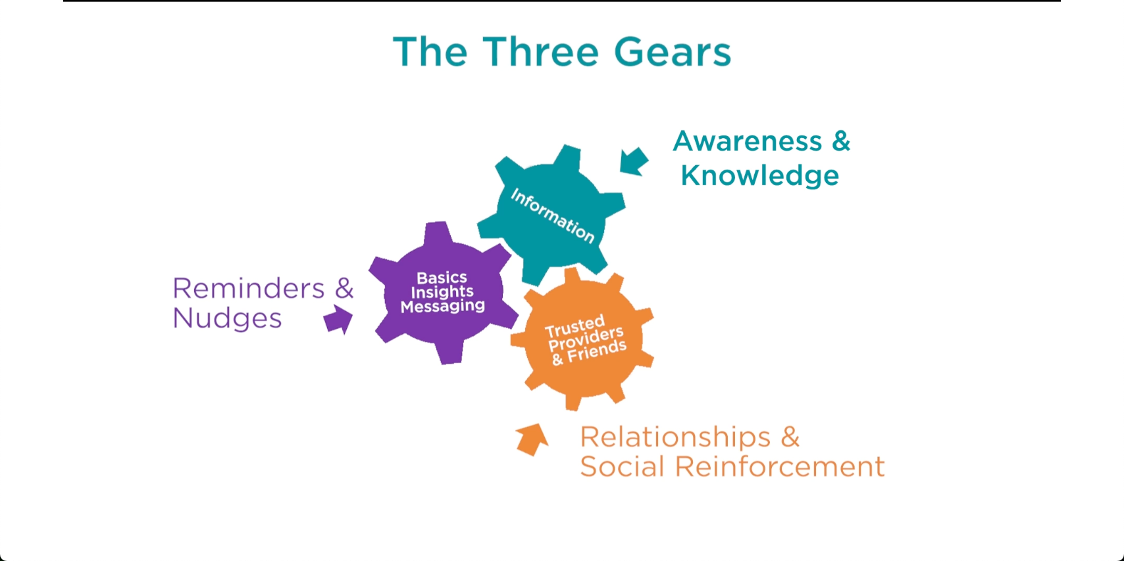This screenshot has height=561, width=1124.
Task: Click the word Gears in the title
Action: (672, 53)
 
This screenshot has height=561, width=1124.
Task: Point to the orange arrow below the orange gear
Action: (532, 439)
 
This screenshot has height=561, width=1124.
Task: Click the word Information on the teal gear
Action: (552, 215)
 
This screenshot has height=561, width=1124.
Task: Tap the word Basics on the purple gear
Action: (442, 278)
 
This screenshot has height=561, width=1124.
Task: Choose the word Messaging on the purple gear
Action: (443, 306)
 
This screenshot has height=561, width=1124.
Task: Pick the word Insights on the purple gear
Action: (442, 292)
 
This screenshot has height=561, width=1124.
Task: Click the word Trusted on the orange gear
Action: (575, 326)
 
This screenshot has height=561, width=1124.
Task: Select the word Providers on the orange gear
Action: (586, 339)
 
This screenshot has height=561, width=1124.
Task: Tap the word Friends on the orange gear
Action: (597, 352)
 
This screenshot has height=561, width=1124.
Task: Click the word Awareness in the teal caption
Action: (748, 141)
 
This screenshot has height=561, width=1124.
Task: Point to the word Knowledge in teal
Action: (760, 176)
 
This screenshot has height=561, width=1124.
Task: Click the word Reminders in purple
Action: (249, 288)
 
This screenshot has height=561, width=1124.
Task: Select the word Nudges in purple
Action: (227, 318)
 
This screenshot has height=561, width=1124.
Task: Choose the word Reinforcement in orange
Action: (780, 467)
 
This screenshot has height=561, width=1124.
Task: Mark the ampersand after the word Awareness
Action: (841, 141)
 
